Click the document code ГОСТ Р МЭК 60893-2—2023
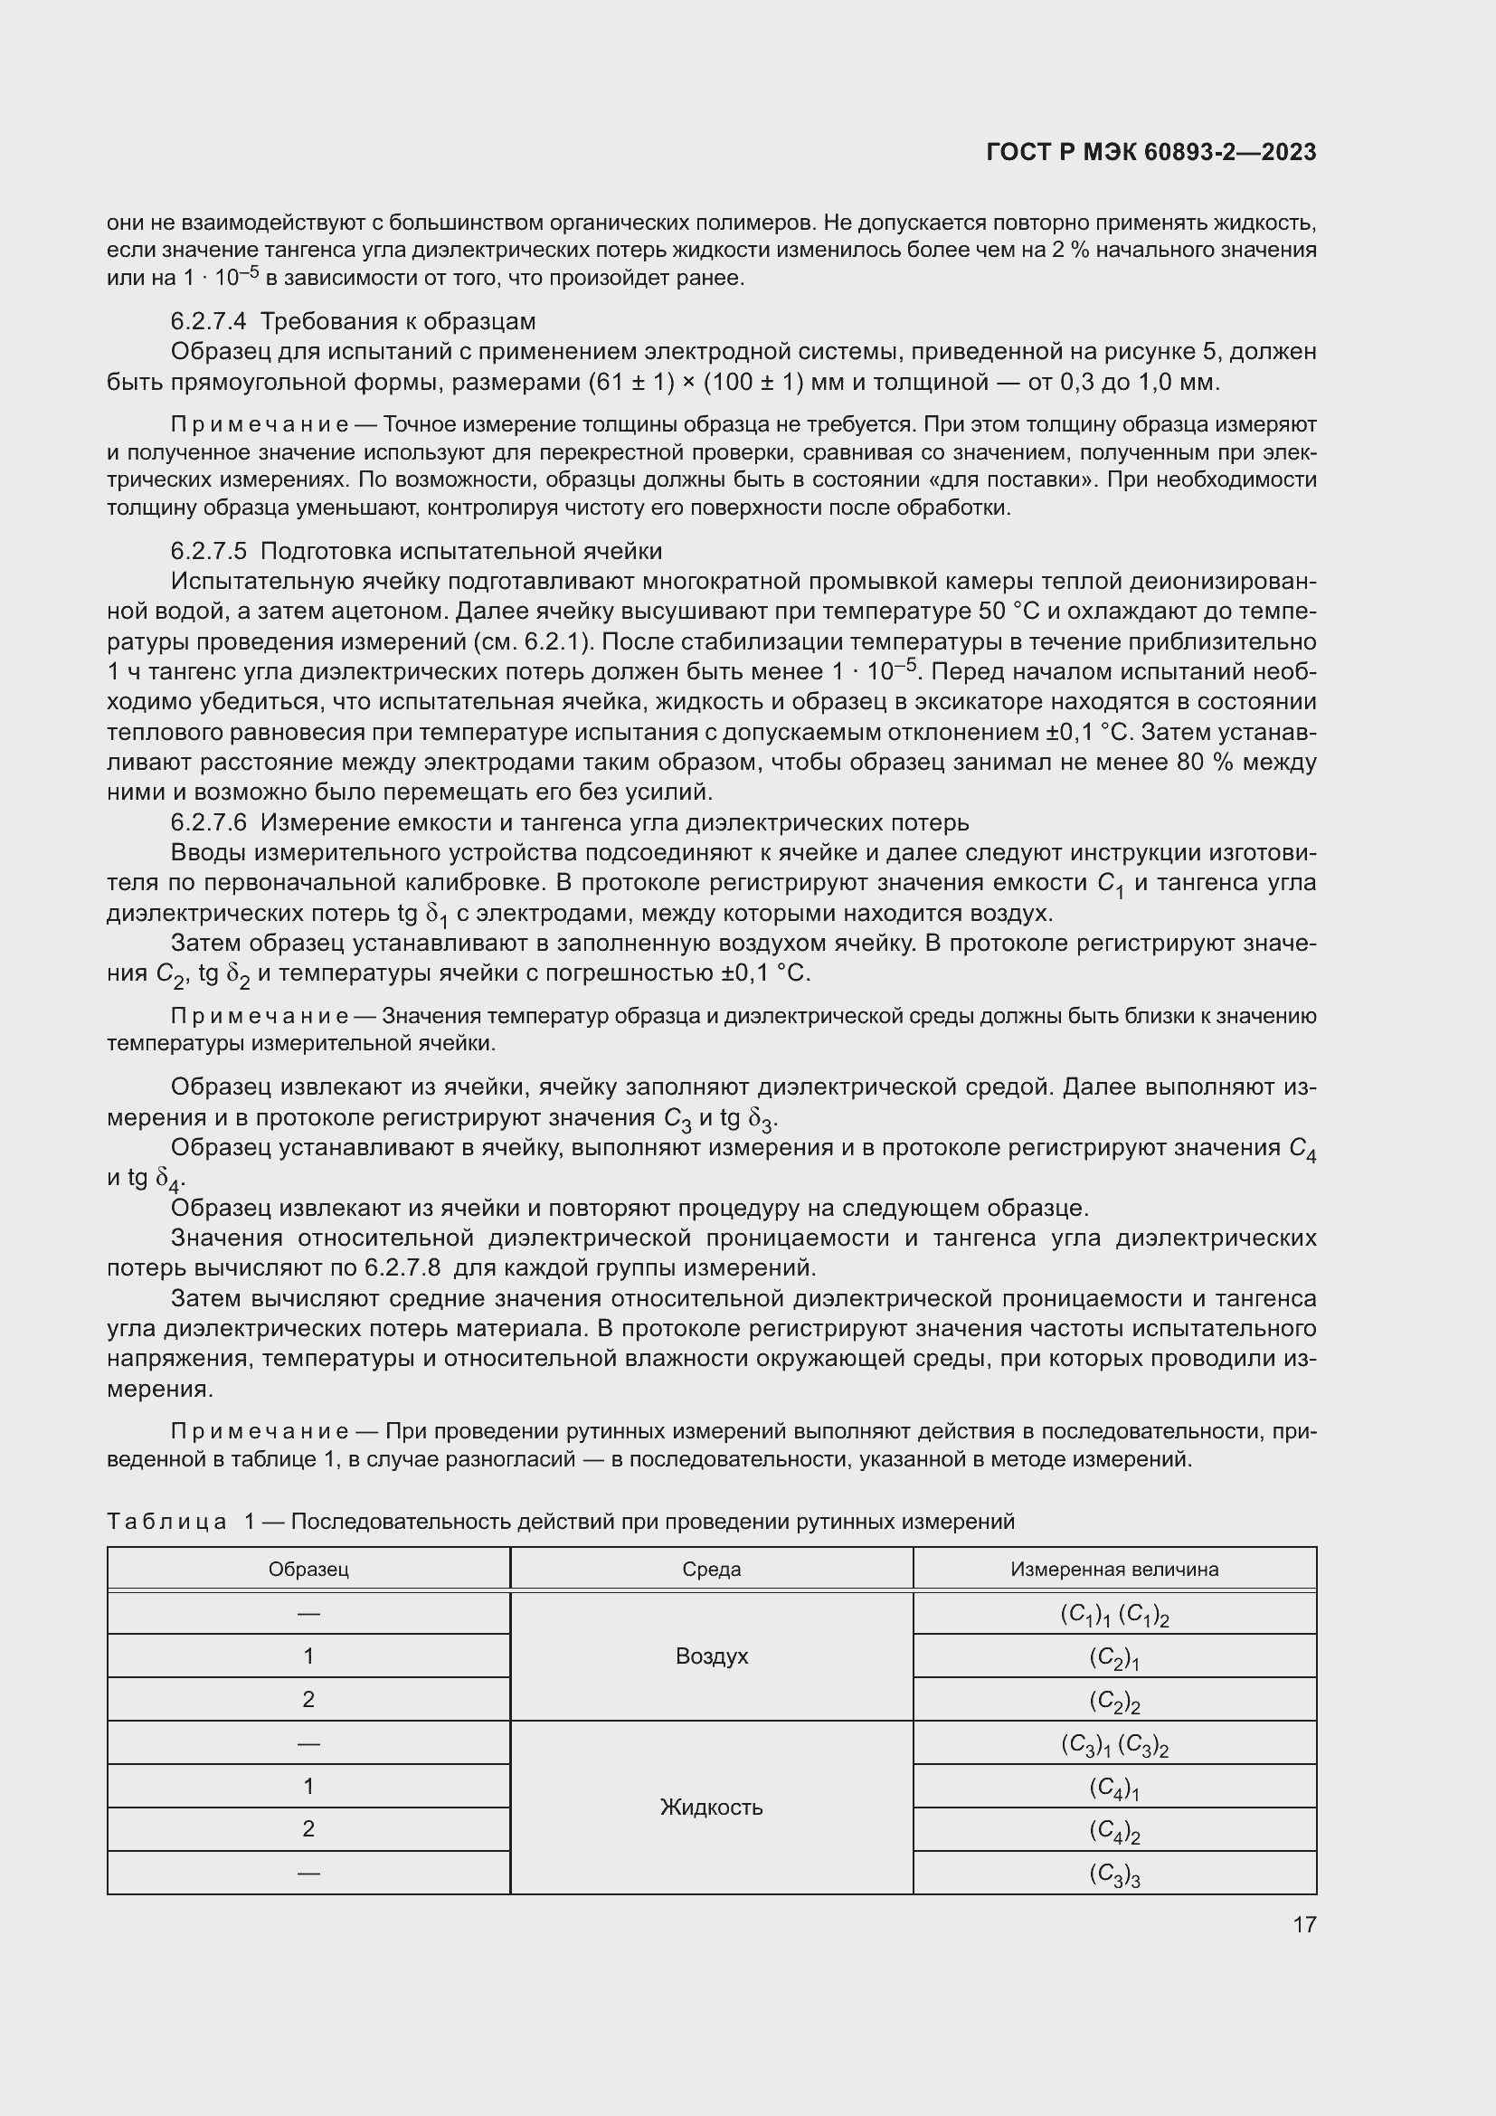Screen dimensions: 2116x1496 tap(1150, 152)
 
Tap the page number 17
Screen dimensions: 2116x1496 tap(1304, 1924)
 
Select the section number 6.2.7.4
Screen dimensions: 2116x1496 tap(208, 322)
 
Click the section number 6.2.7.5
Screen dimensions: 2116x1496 tap(208, 551)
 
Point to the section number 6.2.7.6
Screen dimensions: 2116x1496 tap(208, 822)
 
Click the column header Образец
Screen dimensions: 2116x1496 tap(308, 1570)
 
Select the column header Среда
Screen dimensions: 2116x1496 tap(711, 1570)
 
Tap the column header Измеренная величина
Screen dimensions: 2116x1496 tap(1113, 1570)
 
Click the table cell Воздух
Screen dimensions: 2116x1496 tap(711, 1656)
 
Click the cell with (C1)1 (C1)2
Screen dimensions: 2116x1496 tap(1113, 1615)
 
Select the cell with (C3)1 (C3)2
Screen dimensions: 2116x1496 tap(1113, 1744)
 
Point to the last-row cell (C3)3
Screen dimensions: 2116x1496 tap(1113, 1874)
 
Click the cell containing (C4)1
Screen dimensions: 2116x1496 tap(1113, 1788)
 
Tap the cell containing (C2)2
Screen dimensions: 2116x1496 tap(1113, 1701)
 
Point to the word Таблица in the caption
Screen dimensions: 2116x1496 tap(166, 1522)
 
